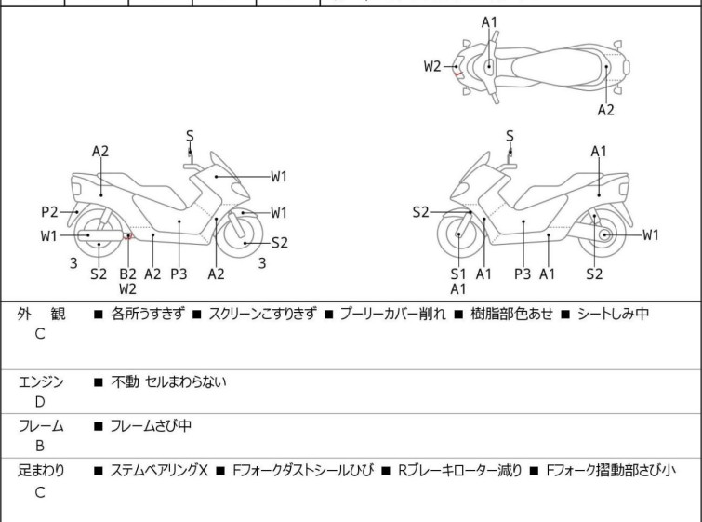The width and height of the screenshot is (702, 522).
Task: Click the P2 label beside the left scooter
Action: [x=48, y=211]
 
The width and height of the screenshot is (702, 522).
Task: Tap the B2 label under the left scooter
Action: [x=127, y=274]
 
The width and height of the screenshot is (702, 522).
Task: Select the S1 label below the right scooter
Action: [x=458, y=274]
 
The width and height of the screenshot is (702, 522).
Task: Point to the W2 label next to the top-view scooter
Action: [x=432, y=66]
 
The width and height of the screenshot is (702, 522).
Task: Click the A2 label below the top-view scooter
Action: [x=605, y=110]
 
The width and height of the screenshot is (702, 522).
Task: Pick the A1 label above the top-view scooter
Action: [x=489, y=21]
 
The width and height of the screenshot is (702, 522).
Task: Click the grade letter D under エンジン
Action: [x=40, y=402]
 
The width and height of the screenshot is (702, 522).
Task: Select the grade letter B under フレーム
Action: [x=40, y=446]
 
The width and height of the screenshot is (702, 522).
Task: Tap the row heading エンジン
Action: [x=41, y=381]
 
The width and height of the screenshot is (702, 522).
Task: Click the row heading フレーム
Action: [x=41, y=426]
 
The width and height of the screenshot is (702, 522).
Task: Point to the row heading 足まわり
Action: [x=41, y=471]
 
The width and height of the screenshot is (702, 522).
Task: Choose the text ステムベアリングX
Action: [x=159, y=471]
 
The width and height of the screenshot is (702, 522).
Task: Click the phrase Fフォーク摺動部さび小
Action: [x=611, y=471]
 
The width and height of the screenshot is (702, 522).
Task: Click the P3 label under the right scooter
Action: [x=523, y=274]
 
